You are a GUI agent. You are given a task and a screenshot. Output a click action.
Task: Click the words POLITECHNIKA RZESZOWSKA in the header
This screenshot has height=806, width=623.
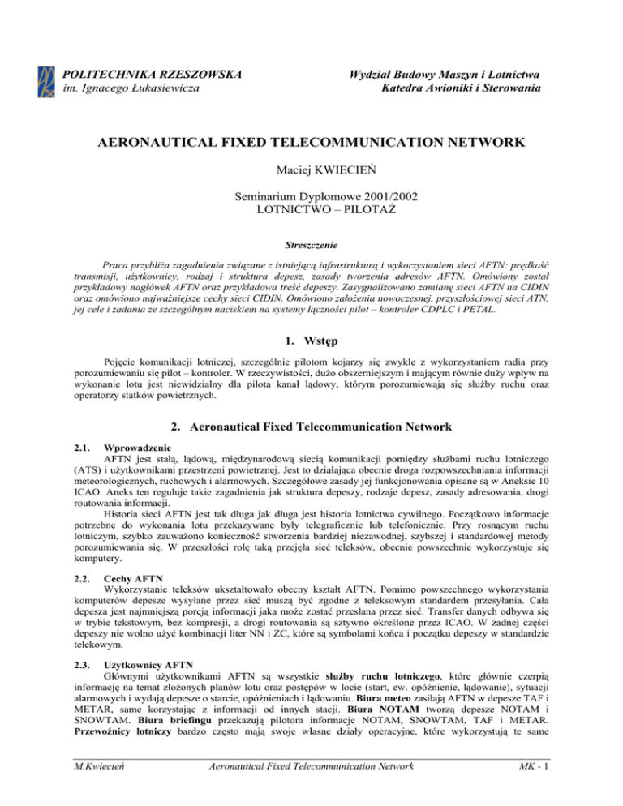click(152, 75)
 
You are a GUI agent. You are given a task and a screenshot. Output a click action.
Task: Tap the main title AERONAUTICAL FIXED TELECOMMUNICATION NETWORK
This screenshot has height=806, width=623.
click(311, 143)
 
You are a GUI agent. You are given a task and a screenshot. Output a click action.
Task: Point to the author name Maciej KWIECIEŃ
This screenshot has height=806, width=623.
click(311, 172)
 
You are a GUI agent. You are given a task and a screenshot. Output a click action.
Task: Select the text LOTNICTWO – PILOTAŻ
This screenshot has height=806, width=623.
click(311, 210)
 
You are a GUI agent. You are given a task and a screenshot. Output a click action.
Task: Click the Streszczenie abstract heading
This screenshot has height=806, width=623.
click(311, 242)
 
